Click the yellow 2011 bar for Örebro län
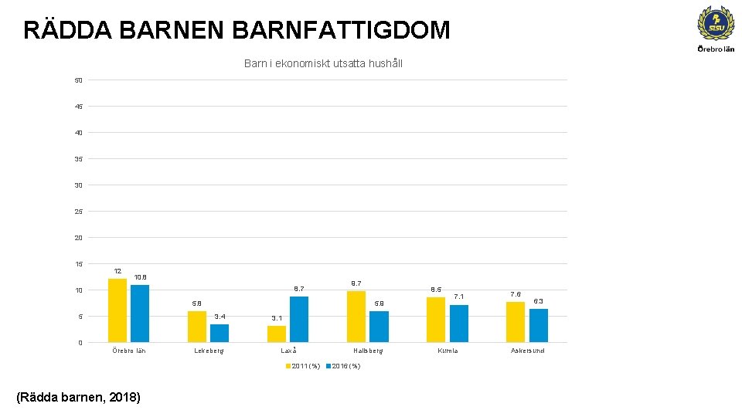click(x=117, y=310)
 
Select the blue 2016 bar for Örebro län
click(x=140, y=314)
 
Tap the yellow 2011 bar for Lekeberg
click(x=197, y=327)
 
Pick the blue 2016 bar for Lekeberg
click(x=220, y=333)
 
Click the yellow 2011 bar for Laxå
click(x=277, y=334)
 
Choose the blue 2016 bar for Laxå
click(x=299, y=319)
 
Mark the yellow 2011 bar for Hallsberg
click(x=356, y=317)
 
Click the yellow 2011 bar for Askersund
click(x=516, y=322)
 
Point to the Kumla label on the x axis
click(x=448, y=351)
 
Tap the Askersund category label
click(x=527, y=351)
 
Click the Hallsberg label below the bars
click(x=368, y=351)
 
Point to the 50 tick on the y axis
click(x=79, y=80)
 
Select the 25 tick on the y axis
click(x=79, y=212)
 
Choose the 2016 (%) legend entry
click(x=342, y=366)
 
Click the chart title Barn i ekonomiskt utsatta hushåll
click(x=323, y=63)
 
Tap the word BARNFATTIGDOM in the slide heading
click(x=340, y=30)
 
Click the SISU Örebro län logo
click(x=716, y=28)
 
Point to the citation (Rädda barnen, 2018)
click(x=78, y=398)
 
